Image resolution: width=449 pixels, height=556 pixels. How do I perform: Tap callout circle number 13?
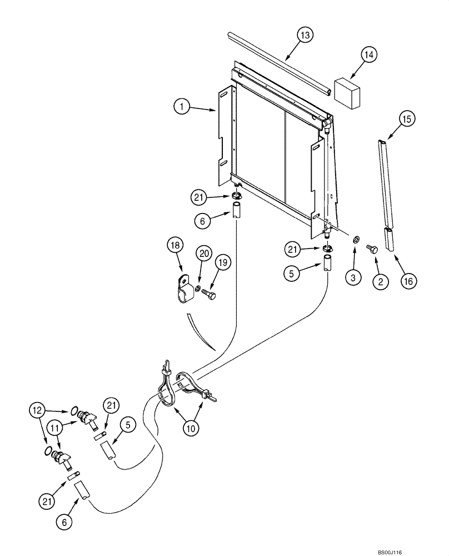(304, 34)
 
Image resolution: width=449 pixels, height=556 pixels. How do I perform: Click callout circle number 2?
(380, 282)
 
